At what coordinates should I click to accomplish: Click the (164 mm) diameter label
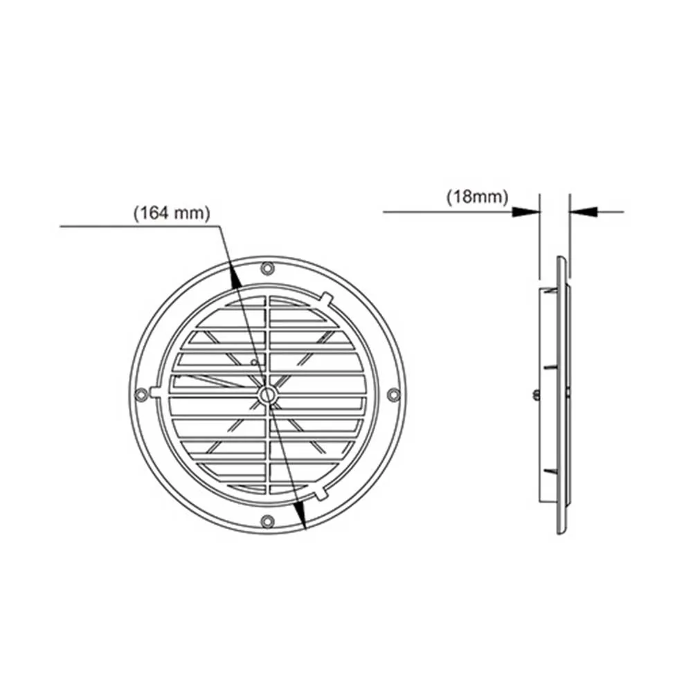click(x=172, y=213)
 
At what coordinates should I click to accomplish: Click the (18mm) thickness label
click(x=477, y=197)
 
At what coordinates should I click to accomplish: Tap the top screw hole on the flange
click(x=267, y=269)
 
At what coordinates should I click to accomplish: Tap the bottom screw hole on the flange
click(x=267, y=521)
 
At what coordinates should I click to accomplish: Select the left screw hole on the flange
click(x=141, y=394)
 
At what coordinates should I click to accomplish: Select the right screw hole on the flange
click(x=393, y=395)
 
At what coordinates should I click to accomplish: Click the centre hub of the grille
click(x=267, y=395)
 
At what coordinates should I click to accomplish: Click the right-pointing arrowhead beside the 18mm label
click(x=526, y=212)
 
